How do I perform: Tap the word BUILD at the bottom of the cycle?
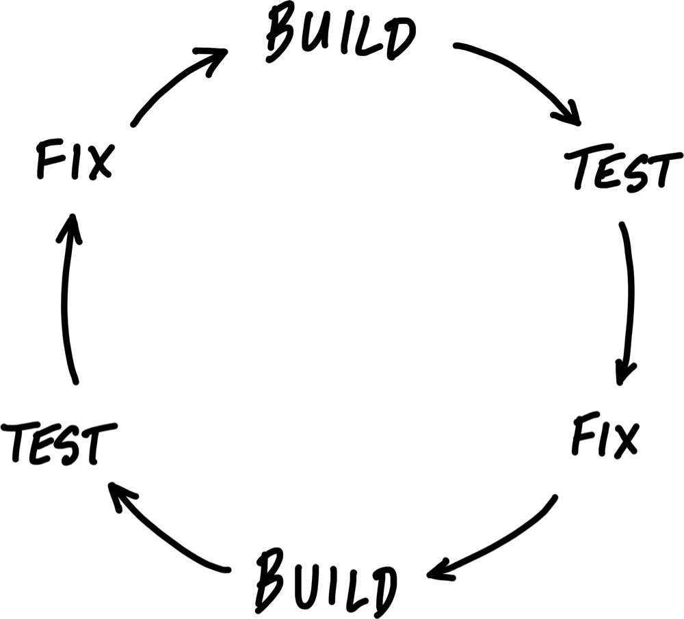(x=326, y=583)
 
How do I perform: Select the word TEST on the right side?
(x=623, y=171)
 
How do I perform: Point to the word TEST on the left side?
(x=59, y=442)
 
